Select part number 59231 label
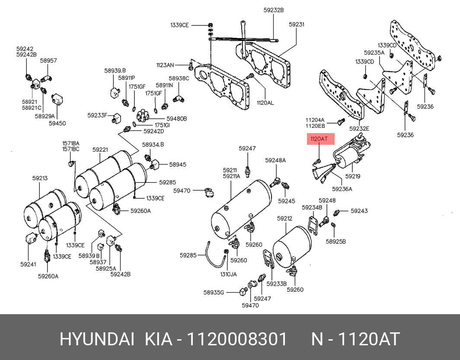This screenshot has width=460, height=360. click(297, 25)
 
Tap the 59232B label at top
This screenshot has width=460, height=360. click(274, 10)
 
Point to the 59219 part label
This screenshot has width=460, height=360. click(353, 176)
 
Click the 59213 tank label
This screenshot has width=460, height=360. click(40, 178)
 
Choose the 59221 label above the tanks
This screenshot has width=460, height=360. click(100, 150)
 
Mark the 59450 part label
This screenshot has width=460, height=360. click(57, 123)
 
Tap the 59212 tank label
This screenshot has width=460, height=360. click(284, 219)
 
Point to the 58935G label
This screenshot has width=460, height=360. click(214, 292)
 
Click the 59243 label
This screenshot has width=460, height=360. click(359, 211)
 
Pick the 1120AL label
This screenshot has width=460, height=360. click(265, 103)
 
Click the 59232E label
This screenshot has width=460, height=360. click(359, 128)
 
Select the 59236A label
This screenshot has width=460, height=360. click(342, 188)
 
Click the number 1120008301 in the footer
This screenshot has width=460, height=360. click(237, 339)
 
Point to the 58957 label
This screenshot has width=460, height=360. click(48, 61)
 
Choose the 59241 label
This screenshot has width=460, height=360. click(28, 264)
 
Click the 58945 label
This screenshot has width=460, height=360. click(178, 164)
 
